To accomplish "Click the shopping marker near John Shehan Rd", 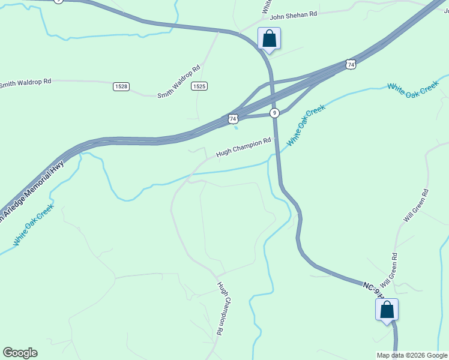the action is coord(270,39).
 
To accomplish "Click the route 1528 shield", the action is coord(121,86).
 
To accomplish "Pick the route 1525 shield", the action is coord(199,86).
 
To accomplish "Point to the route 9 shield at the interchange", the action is coord(274,113).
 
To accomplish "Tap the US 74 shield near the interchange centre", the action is coord(233,119).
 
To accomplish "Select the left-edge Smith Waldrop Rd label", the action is coord(26,82).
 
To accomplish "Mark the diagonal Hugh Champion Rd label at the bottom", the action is coord(221,308).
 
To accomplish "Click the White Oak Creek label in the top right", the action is coord(414,88).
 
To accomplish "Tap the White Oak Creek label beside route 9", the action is coord(306,125).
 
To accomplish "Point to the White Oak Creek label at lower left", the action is coord(34,224).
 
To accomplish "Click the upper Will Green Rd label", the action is coord(416,206).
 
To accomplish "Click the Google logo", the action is coord(20,353).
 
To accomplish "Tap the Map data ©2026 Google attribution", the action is coord(412,355).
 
